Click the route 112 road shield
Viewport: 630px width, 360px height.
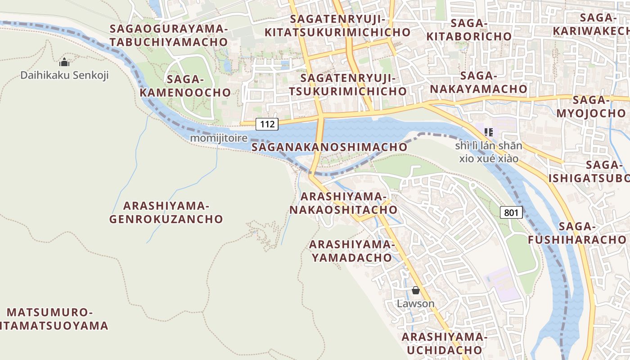[x=267, y=124]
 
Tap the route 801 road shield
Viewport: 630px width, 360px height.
[x=511, y=212]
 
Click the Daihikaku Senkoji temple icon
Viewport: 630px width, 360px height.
[x=64, y=63]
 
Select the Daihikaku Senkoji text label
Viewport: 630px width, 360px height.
[x=64, y=75]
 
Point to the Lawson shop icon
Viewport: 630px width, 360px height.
[x=415, y=291]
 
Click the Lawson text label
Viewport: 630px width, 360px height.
[x=415, y=303]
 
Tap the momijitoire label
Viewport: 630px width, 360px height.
[x=219, y=138]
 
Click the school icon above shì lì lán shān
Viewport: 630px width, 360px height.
[x=488, y=132]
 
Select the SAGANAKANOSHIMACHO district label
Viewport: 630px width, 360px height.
[x=329, y=147]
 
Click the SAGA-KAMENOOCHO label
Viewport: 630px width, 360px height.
[x=185, y=86]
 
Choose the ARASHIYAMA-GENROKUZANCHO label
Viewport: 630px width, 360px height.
[x=166, y=212]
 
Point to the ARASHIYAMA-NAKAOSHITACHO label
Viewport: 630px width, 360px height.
[x=343, y=203]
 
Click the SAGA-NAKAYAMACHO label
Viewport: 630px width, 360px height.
[x=478, y=82]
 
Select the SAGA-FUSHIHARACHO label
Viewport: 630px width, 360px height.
[x=577, y=233]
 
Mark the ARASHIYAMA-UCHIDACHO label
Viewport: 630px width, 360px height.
[x=444, y=343]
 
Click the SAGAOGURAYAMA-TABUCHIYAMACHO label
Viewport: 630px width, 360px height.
[x=169, y=35]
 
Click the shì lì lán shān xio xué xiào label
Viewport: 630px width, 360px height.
[x=488, y=152]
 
